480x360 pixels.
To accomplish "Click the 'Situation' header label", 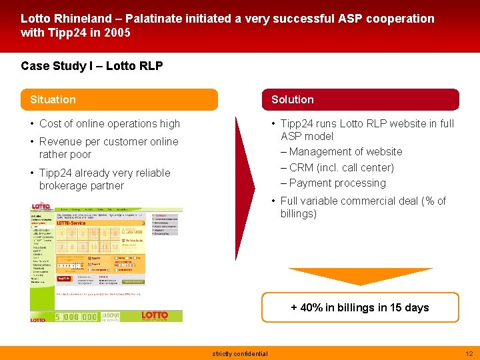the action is coord(53,100).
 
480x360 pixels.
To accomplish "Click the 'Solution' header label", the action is coord(292,100).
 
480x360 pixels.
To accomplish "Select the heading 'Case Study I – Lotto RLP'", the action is coord(92,65).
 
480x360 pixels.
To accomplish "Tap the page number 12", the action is coord(468,353).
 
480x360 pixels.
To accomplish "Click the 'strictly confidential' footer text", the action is coord(240,354).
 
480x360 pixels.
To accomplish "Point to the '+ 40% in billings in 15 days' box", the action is coord(360,307).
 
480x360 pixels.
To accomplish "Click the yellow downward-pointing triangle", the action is coord(360,275).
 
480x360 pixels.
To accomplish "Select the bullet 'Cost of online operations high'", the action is coord(109,123).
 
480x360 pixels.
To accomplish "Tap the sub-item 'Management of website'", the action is coord(345,152).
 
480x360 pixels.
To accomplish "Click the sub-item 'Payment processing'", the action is coord(337,183).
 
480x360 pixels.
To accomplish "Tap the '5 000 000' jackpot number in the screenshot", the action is coord(76,317).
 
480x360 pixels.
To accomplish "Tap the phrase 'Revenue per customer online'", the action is coord(109,141).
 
